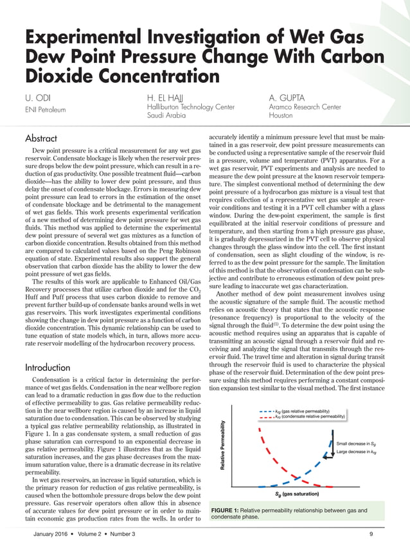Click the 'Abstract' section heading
point(40,139)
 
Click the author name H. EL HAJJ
point(168,98)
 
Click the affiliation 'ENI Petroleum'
point(45,110)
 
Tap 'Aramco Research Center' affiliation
point(305,107)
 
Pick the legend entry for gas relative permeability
point(302,411)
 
